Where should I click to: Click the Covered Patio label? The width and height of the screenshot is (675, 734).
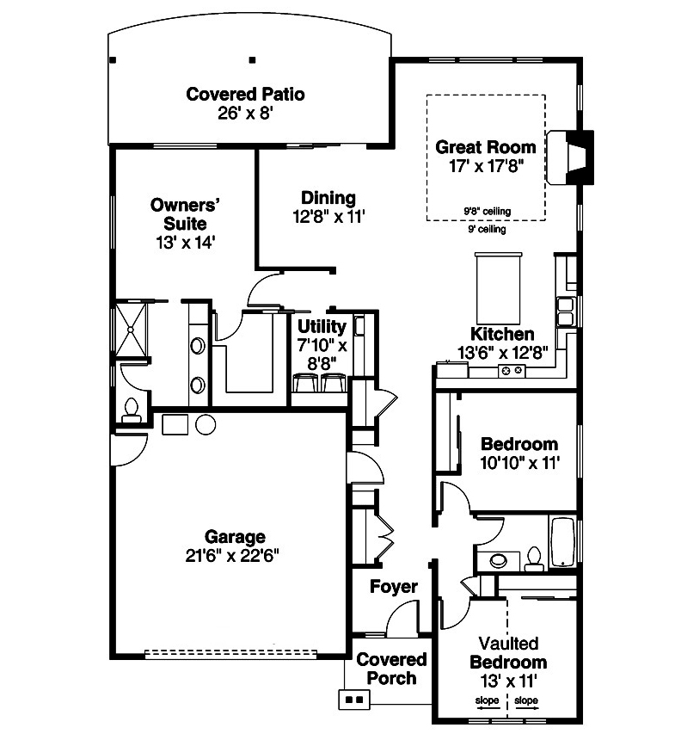[x=245, y=94]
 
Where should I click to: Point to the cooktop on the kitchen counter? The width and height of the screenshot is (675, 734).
[x=513, y=370]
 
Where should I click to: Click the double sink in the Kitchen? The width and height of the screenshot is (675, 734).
[x=566, y=311]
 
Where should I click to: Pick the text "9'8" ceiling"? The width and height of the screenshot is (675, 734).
[x=487, y=211]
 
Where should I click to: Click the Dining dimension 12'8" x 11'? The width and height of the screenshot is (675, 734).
[x=328, y=218]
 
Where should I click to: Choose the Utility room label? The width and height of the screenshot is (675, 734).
[x=322, y=327]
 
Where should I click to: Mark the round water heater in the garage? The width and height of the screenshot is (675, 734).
[x=207, y=424]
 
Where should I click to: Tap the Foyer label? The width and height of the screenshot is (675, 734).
[x=394, y=587]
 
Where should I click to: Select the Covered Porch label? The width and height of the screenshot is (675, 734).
[x=391, y=669]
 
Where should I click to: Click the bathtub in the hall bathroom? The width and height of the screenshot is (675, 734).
[x=563, y=543]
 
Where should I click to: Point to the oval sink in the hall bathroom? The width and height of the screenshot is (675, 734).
[x=500, y=561]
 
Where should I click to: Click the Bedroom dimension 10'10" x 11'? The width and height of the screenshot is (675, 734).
[x=519, y=463]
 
